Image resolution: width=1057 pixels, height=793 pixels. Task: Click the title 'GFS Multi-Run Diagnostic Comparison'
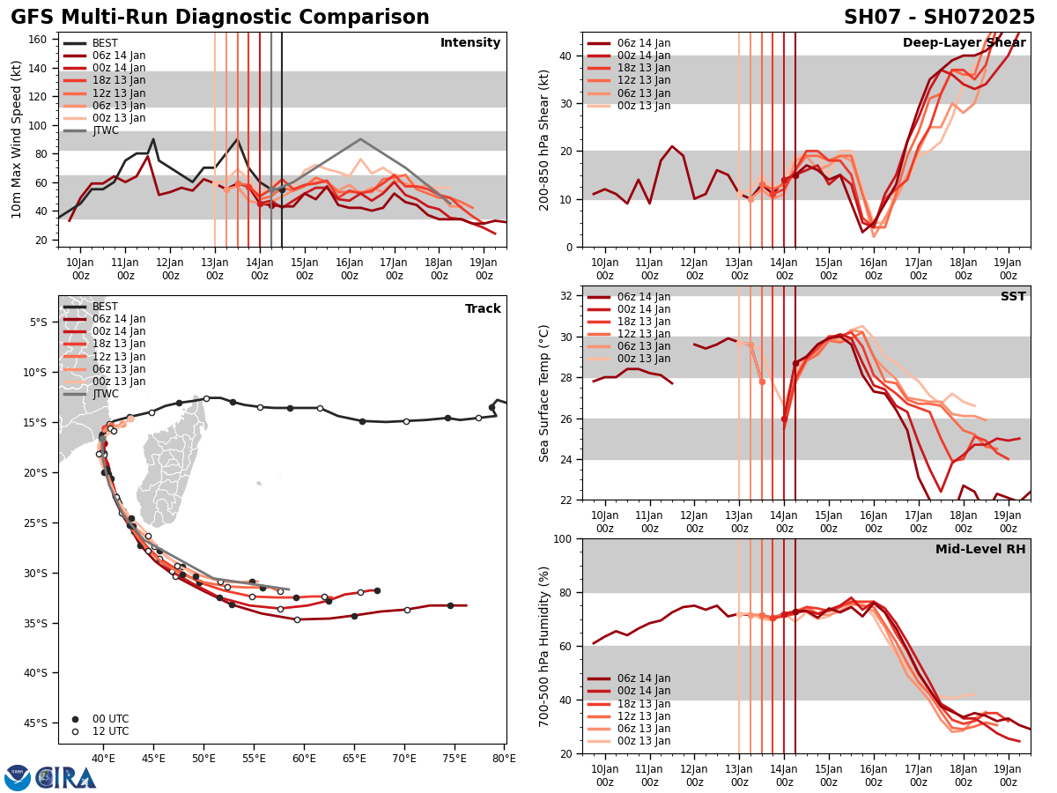coord(220,18)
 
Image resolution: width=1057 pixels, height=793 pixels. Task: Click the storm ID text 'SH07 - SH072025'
coord(939,18)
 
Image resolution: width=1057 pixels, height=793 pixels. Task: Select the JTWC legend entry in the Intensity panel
coord(105,131)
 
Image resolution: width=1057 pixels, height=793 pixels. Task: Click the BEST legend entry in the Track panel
coord(105,308)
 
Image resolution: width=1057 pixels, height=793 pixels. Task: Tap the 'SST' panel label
coord(1013,297)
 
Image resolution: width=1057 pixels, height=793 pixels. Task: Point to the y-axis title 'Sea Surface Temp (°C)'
coord(545,393)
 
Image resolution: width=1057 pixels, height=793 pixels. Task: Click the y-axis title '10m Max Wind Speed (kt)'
coord(17,139)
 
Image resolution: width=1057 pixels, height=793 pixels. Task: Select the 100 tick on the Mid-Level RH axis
coord(565,539)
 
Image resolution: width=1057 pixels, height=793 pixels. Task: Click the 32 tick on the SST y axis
coord(568,296)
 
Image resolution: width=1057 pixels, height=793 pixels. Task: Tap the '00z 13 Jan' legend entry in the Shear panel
coord(643,106)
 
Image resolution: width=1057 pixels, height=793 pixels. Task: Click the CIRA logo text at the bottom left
coord(66,778)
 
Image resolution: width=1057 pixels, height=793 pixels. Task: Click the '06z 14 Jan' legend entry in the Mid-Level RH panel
coord(643,678)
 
